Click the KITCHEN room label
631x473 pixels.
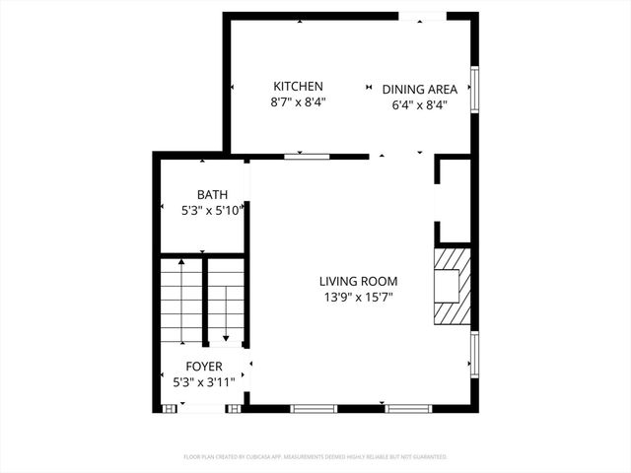pos(298,87)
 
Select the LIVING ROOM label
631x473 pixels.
pos(357,281)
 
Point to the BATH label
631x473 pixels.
pos(211,194)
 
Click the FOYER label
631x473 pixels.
pos(205,367)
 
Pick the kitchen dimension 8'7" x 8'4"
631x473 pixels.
pos(298,101)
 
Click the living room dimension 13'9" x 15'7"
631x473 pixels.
pos(357,298)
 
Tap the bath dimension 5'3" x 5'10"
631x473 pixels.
pos(211,210)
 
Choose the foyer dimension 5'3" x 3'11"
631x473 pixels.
pos(203,381)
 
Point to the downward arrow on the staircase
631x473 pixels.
pos(226,335)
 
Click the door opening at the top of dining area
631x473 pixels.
pos(422,16)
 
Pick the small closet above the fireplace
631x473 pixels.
pos(454,200)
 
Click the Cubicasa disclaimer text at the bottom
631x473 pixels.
pos(315,457)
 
